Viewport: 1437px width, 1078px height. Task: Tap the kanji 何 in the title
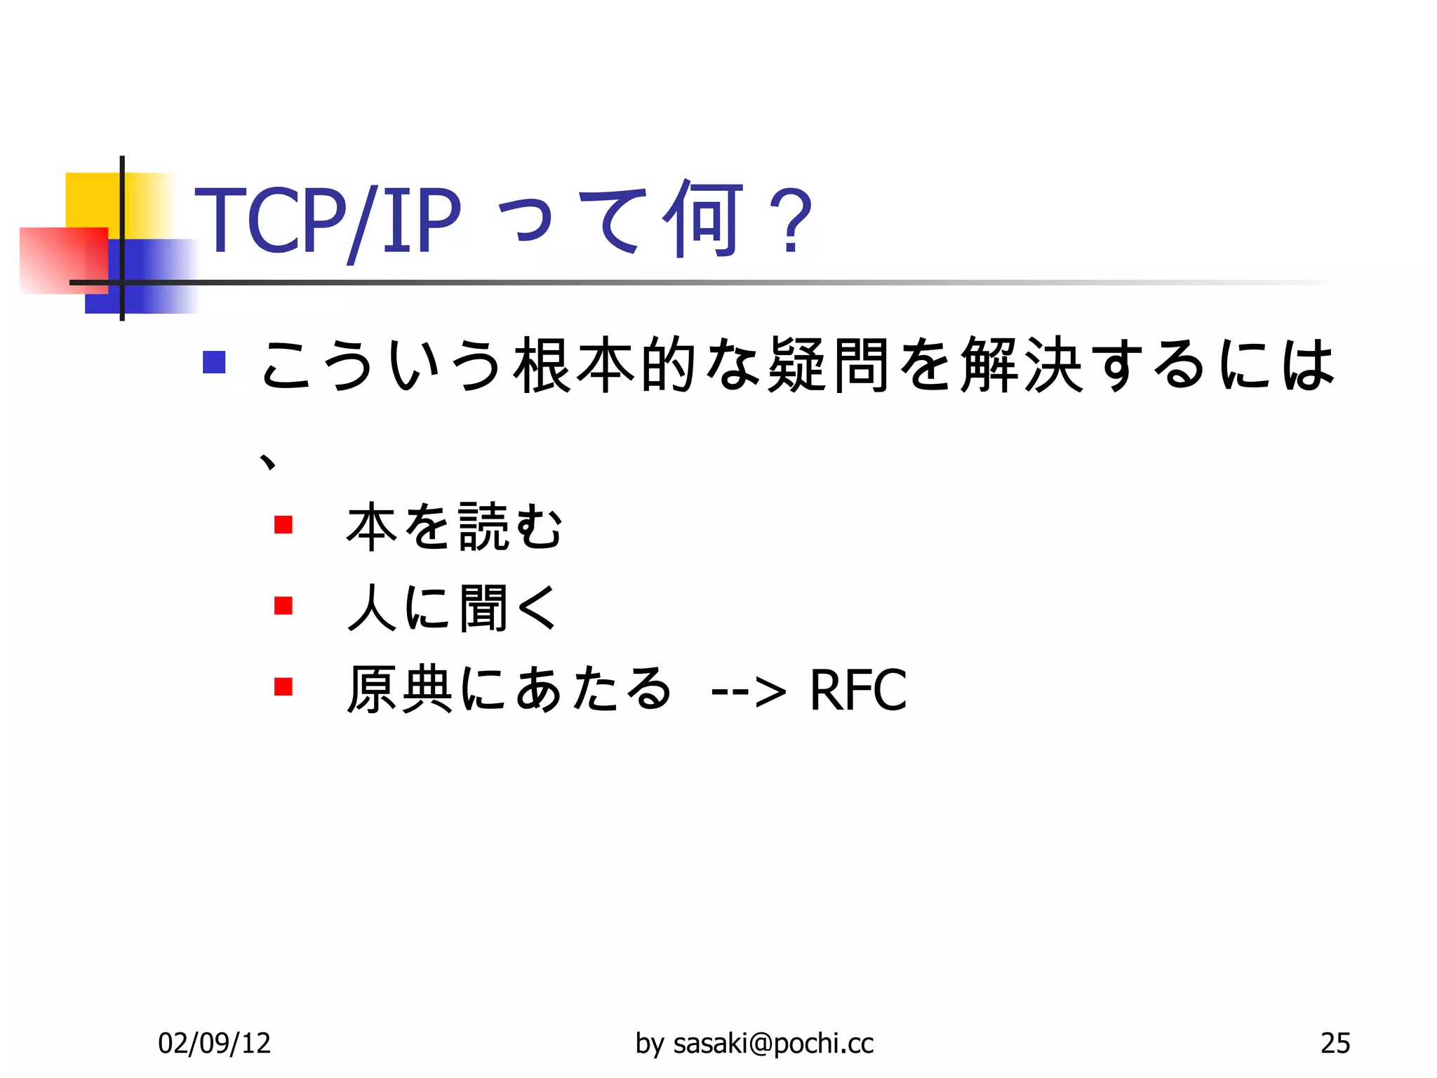pyautogui.click(x=704, y=218)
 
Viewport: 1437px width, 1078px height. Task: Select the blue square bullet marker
pyautogui.click(x=214, y=362)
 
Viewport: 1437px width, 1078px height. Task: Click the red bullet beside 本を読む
pyautogui.click(x=283, y=524)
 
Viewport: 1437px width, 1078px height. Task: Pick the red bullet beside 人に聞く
pyautogui.click(x=283, y=605)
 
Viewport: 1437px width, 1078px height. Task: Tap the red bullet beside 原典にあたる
pyautogui.click(x=283, y=686)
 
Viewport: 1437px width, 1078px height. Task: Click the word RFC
pyautogui.click(x=857, y=690)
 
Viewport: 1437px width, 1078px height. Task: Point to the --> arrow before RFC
pyautogui.click(x=748, y=691)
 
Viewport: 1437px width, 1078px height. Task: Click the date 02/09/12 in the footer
pyautogui.click(x=214, y=1044)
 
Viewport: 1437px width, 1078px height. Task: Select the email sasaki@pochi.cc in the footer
pyautogui.click(x=773, y=1044)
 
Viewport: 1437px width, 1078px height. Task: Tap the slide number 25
pyautogui.click(x=1335, y=1044)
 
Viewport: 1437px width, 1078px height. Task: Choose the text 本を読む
pyautogui.click(x=455, y=526)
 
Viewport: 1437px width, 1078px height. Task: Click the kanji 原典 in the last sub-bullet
pyautogui.click(x=401, y=688)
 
